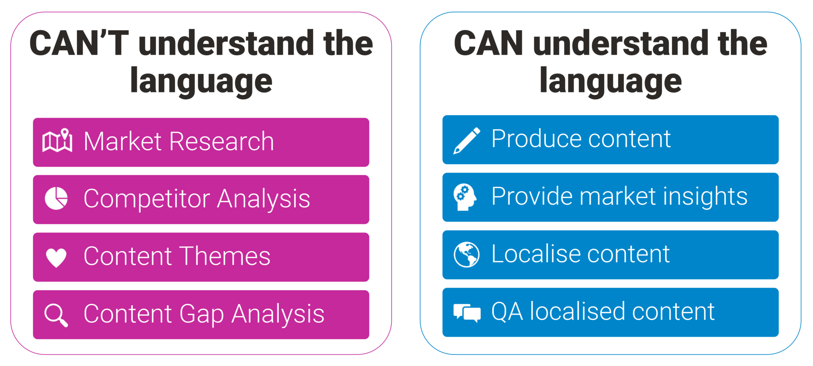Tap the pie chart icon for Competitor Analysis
coord(56,198)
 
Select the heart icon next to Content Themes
coord(56,258)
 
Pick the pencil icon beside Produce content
coord(467,141)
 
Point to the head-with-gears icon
coord(465,197)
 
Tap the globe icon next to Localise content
coord(466,255)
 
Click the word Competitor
coord(146,199)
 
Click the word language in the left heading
coord(201,81)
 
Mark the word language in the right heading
coord(611,81)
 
